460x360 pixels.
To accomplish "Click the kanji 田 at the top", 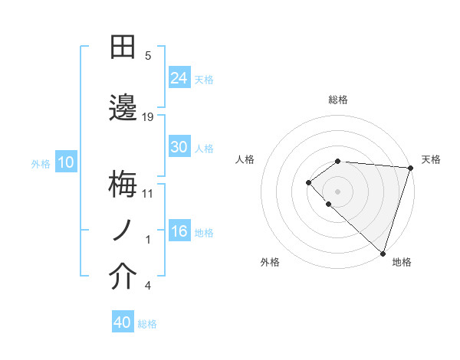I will tap(123, 48).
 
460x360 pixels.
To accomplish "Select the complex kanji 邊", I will tap(123, 107).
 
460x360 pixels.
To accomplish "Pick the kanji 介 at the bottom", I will tap(123, 277).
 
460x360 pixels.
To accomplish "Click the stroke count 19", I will tap(148, 116).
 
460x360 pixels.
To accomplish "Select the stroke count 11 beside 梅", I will tap(148, 193).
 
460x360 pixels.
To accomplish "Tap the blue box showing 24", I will tap(179, 78).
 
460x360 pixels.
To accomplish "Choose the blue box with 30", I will tap(179, 147).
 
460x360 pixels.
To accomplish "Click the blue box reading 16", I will tap(179, 231).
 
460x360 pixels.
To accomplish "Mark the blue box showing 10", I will tap(65, 162).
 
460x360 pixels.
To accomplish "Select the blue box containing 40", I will tap(123, 322).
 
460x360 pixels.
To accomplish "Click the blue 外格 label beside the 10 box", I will tap(41, 163).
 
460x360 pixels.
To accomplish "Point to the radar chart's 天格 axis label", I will tap(431, 159).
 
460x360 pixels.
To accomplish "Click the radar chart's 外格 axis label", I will tap(270, 262).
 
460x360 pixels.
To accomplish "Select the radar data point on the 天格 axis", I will tap(410, 167).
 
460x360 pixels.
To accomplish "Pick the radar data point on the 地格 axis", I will tap(383, 254).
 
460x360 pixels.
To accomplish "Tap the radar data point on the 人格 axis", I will tap(308, 182).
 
